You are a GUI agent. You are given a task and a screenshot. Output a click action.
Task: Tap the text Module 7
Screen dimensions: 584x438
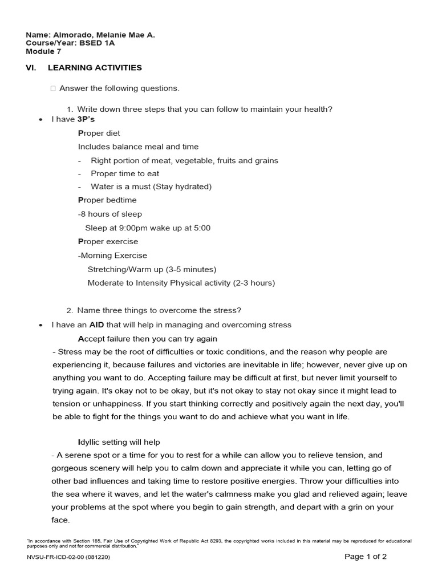click(43, 51)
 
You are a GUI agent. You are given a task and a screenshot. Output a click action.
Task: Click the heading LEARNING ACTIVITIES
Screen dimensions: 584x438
click(95, 68)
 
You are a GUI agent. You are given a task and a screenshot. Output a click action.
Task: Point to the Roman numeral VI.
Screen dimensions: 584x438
click(31, 68)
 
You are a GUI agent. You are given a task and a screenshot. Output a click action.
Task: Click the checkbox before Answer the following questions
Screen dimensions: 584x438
click(52, 88)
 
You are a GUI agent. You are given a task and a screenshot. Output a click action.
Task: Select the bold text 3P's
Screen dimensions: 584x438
click(86, 119)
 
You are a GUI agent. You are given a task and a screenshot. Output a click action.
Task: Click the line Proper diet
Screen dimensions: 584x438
click(99, 133)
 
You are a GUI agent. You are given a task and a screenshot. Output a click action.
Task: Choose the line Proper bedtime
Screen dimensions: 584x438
click(107, 200)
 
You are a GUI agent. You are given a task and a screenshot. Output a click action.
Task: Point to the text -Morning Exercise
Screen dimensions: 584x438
click(112, 255)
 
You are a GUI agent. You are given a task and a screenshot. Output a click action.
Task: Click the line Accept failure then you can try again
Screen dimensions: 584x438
click(147, 339)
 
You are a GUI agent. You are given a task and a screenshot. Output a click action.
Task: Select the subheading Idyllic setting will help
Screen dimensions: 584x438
click(119, 442)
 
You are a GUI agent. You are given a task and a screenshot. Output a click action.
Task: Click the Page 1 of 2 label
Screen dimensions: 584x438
click(366, 557)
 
